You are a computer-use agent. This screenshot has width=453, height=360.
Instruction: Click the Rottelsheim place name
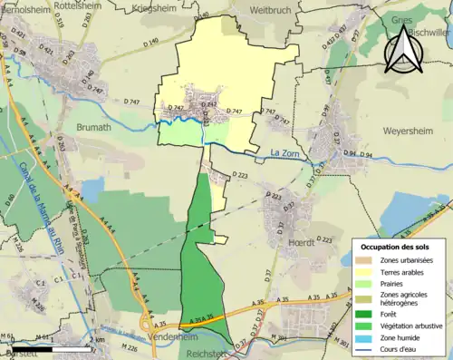pos(78,5)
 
